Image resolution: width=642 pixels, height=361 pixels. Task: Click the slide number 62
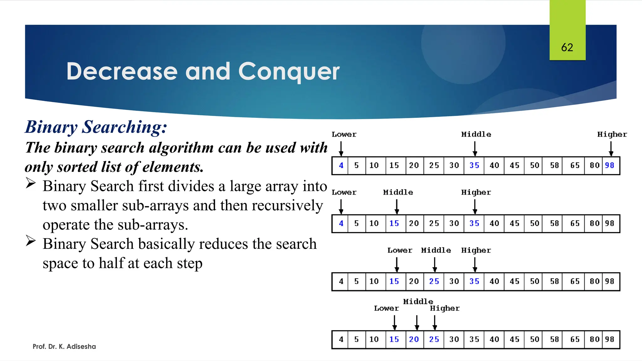[x=567, y=47]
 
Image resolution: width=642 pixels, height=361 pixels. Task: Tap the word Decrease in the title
[x=122, y=71]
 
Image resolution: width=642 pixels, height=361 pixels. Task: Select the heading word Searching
[x=124, y=127]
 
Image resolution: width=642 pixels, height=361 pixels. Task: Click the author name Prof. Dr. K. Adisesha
[x=64, y=346]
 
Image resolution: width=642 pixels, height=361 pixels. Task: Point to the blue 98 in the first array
[x=609, y=165]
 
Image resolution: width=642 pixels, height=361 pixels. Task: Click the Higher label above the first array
[x=612, y=134]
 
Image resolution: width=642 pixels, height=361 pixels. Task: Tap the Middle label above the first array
[x=476, y=134]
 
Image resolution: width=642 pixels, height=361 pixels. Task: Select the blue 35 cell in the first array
[x=474, y=165]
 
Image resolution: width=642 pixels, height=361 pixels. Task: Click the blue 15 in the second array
[x=394, y=223]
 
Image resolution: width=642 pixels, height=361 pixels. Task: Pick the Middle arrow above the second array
[x=397, y=207]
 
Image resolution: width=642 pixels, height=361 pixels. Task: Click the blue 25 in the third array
[x=434, y=281]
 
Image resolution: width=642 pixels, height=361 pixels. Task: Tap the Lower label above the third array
[x=400, y=250]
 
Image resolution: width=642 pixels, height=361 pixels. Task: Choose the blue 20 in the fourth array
[x=414, y=339]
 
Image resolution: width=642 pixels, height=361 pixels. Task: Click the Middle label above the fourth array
[x=418, y=301]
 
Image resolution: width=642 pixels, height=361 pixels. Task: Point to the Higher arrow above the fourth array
[x=435, y=322]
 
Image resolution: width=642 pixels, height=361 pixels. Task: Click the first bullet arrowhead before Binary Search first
[x=31, y=183]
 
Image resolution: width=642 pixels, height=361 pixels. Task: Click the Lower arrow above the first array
[x=341, y=149]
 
